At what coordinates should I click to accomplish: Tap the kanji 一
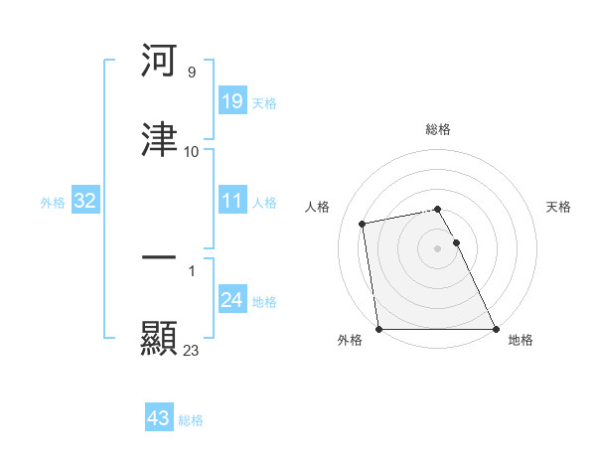click(x=160, y=257)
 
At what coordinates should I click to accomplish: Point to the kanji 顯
click(x=160, y=337)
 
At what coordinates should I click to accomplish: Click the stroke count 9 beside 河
click(x=191, y=73)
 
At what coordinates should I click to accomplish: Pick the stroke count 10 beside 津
click(x=191, y=152)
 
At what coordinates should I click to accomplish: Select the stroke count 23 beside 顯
click(x=191, y=350)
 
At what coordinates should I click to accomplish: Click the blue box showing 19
click(x=231, y=100)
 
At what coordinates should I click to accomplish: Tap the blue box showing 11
click(x=231, y=201)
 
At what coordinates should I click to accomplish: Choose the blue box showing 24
click(x=231, y=300)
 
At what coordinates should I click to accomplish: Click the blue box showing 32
click(x=84, y=201)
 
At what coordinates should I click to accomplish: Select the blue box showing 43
click(x=159, y=418)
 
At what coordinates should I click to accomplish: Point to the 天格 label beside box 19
click(x=263, y=102)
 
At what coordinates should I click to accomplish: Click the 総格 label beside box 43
click(x=191, y=420)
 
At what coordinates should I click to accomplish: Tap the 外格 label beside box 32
click(x=53, y=203)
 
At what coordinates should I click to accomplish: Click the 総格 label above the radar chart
click(x=438, y=129)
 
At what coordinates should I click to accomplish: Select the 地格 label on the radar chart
click(x=521, y=340)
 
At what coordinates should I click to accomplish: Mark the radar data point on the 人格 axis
click(x=364, y=223)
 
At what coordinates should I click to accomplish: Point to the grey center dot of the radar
click(x=438, y=247)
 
